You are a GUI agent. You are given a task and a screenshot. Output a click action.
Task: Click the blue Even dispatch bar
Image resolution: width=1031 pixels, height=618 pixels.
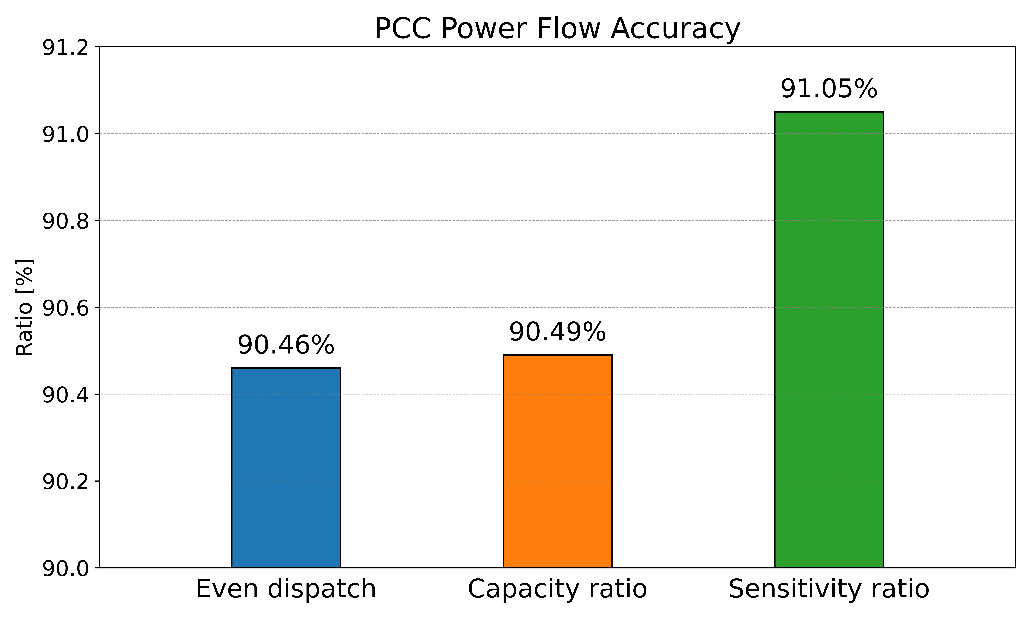coord(286,468)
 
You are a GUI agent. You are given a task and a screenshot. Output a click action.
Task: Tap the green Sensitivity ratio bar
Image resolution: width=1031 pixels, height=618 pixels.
coord(829,340)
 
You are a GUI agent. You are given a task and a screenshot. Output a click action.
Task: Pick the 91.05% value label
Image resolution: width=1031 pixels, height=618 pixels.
coord(829,89)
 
